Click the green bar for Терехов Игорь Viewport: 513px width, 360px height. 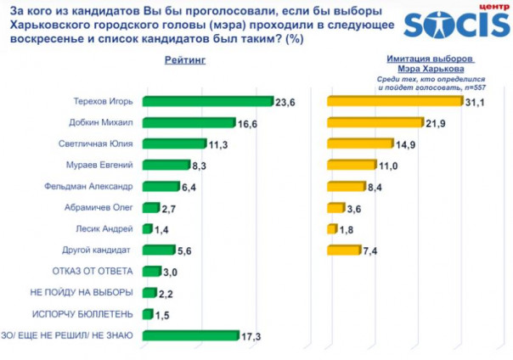click(207, 101)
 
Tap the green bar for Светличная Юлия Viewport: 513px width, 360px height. click(174, 143)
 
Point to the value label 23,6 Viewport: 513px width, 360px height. click(285, 102)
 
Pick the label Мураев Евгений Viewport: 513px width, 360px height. click(103, 165)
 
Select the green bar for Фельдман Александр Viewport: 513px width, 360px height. click(161, 186)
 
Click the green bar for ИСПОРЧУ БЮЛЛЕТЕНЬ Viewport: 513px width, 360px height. click(147, 314)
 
